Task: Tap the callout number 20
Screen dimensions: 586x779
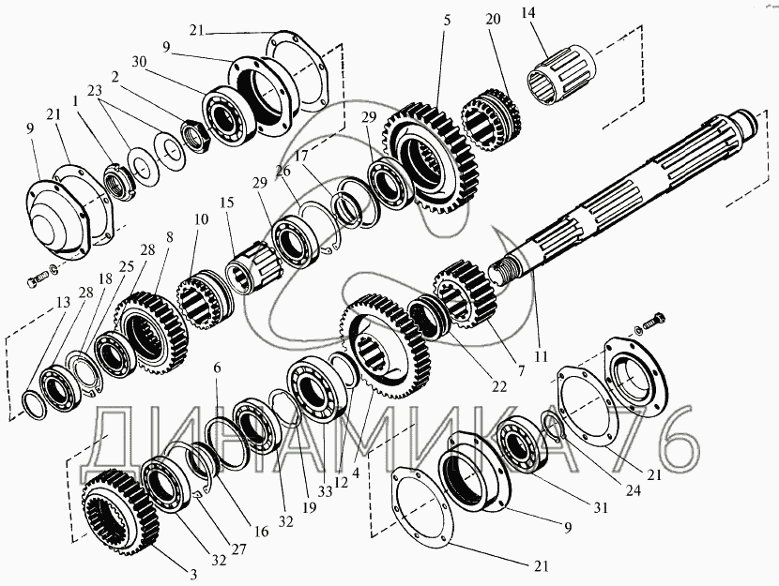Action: point(493,19)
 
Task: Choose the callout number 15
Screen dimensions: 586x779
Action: point(226,203)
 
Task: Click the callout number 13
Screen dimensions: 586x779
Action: point(63,303)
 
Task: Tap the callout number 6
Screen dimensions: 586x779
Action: point(216,369)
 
